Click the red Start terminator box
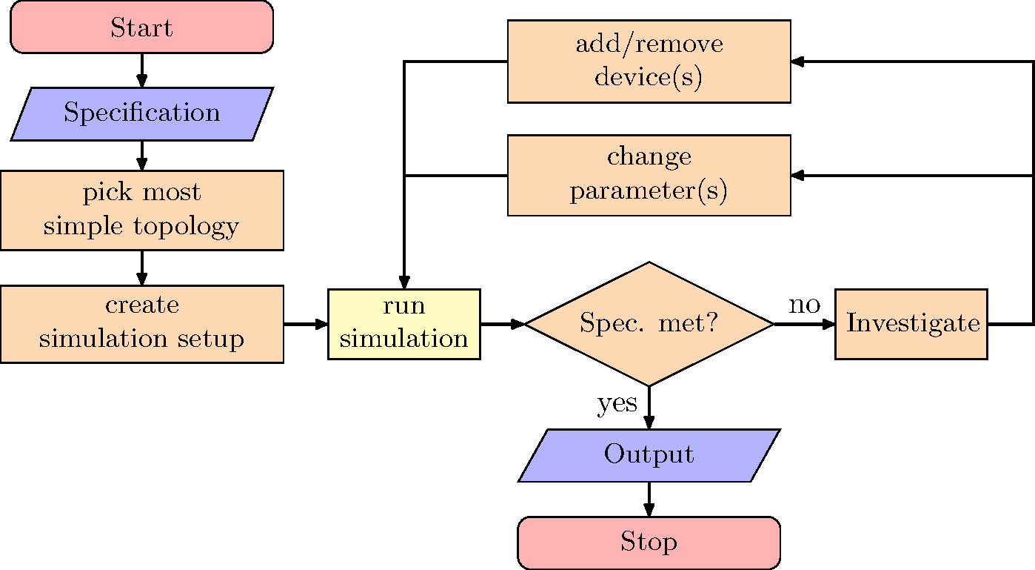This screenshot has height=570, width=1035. point(141,27)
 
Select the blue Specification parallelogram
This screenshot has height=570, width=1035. point(141,113)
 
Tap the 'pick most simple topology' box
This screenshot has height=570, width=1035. point(141,210)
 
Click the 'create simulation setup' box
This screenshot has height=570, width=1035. point(141,324)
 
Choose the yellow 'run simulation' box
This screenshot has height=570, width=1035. point(403,324)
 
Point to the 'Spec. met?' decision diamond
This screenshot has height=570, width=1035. point(649,324)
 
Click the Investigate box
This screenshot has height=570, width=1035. point(911,324)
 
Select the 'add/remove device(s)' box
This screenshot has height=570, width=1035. point(649,61)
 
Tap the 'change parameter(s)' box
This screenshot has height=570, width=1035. point(649,175)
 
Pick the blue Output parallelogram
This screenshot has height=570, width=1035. point(649,454)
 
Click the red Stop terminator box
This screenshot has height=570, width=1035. point(649,542)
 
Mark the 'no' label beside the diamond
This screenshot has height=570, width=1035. point(805,305)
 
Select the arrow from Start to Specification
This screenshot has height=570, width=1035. point(141,70)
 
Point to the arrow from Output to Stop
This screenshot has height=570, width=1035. point(649,499)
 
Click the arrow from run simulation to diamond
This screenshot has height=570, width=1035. point(502,324)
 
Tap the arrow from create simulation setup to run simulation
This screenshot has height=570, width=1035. point(306,324)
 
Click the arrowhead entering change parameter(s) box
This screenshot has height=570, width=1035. point(797,176)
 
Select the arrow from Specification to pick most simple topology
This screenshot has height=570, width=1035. point(141,155)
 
